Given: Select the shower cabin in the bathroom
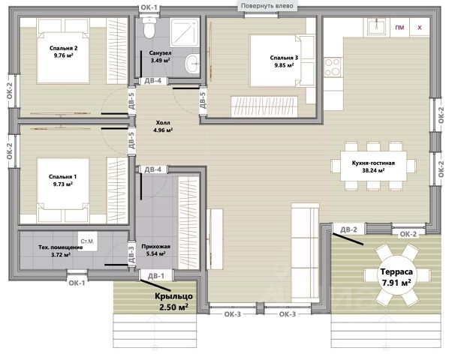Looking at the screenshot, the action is (x=185, y=32).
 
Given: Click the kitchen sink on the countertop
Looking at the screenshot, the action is (x=376, y=27).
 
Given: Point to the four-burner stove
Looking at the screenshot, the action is (x=333, y=67).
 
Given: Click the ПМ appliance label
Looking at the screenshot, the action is (x=399, y=28).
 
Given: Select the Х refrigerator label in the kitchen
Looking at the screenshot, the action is (x=420, y=28).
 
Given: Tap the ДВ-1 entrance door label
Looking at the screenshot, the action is (x=156, y=276).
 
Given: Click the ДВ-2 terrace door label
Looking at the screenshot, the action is (x=349, y=229).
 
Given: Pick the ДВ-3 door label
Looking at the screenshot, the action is (x=131, y=255).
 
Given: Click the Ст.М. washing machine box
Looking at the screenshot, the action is (x=88, y=241).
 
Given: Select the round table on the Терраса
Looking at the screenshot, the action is (x=397, y=275).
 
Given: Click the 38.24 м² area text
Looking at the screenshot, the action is (x=373, y=171).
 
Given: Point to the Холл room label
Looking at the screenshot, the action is (x=163, y=123).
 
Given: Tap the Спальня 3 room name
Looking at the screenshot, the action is (x=284, y=58).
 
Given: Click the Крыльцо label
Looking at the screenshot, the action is (x=173, y=296).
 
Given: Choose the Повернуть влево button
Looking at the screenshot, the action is (x=267, y=5).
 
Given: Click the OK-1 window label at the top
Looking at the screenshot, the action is (x=149, y=7).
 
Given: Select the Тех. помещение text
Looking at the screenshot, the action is (x=61, y=247).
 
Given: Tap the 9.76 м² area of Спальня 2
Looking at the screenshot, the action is (x=63, y=55).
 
